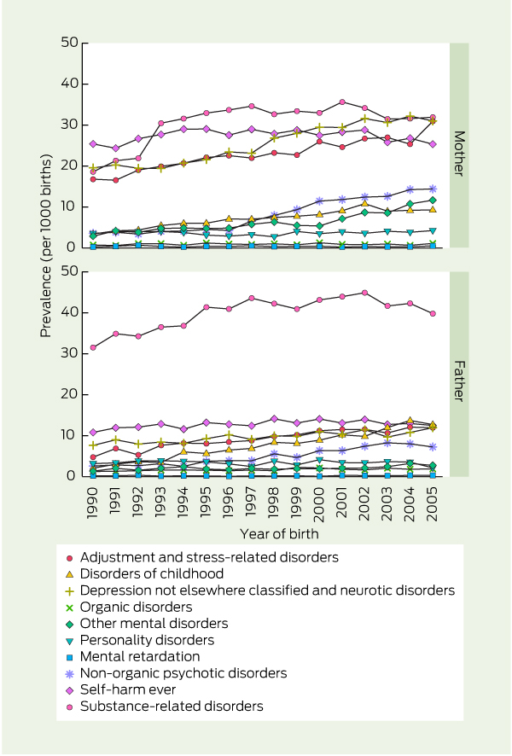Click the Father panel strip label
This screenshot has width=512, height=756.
tap(458, 374)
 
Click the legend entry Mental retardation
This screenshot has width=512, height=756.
tap(145, 656)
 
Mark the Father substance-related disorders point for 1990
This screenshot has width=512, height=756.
tap(93, 347)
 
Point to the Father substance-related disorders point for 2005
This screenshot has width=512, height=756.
tap(432, 313)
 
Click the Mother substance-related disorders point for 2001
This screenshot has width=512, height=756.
tap(341, 102)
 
